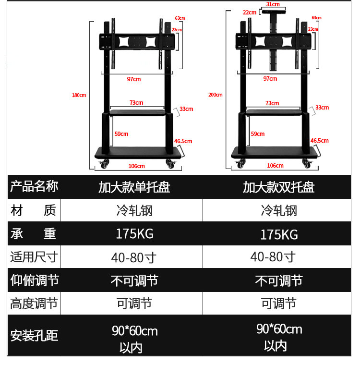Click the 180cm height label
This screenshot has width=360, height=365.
(79, 95)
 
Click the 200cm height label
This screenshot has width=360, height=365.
(216, 95)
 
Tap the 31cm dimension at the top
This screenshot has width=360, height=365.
(273, 4)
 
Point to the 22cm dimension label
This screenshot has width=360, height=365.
(250, 12)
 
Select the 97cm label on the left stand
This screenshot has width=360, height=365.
(134, 79)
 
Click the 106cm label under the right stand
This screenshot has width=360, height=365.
(275, 166)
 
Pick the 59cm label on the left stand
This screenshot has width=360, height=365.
(121, 134)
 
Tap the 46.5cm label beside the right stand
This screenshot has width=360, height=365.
(319, 141)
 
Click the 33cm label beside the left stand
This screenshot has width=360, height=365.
(186, 109)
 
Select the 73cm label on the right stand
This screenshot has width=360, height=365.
(272, 103)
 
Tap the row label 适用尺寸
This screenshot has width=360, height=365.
(34, 257)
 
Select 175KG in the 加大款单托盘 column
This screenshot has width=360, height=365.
(134, 234)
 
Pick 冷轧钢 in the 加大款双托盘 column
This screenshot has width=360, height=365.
(279, 210)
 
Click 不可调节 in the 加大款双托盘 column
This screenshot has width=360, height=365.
(278, 280)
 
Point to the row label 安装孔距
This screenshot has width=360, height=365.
(34, 335)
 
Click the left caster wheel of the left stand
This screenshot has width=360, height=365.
(103, 166)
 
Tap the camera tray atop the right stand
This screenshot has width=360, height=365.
(273, 11)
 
